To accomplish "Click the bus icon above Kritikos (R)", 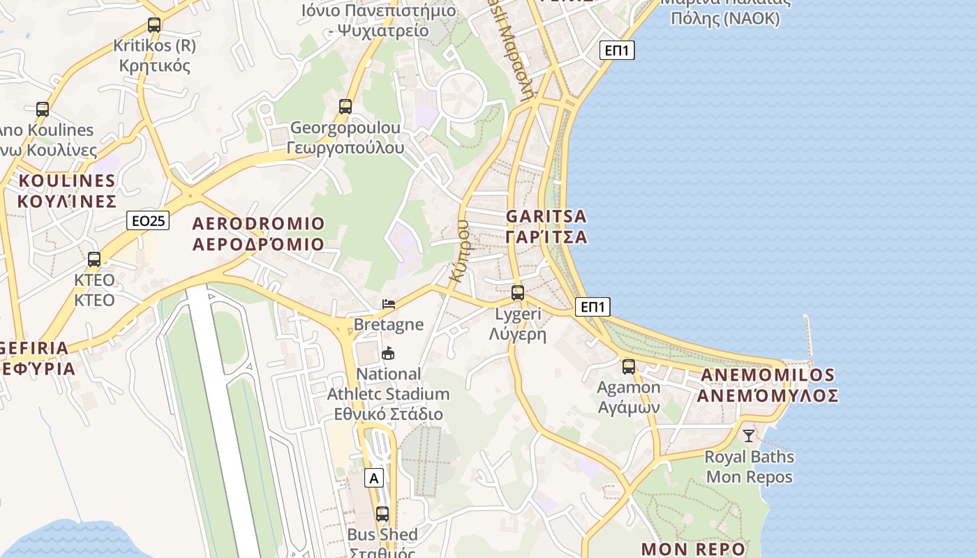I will click(154, 25).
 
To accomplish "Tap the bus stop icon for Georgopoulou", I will click(345, 107).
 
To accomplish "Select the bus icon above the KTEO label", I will click(94, 259).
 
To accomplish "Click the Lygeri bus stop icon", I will click(518, 293).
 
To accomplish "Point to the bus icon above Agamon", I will click(629, 367).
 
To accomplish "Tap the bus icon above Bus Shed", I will click(382, 514).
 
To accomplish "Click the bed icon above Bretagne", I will click(389, 303).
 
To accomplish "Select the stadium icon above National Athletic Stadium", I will click(389, 354).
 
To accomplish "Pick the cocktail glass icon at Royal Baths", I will click(749, 436).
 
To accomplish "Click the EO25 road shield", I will click(149, 221).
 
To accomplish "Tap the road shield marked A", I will click(375, 478).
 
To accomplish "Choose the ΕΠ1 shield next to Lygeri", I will click(593, 306).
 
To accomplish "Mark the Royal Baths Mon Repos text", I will click(749, 467).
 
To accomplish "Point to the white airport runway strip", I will click(223, 418).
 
